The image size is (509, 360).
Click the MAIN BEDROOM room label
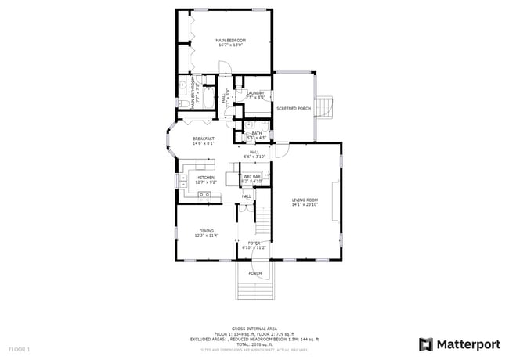pos(230,40)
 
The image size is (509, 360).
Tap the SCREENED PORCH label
pos(294,108)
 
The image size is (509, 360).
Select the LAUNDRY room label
pos(255,93)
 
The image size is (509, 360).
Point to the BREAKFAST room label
pos(204,139)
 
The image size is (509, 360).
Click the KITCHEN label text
pos(205,178)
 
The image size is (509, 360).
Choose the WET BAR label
pos(251,177)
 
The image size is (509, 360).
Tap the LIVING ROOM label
pos(305,200)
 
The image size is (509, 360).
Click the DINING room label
pos(206,231)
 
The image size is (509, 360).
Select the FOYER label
pos(254,243)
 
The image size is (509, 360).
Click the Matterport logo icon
pos(426,344)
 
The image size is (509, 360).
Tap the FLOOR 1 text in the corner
pos(20,348)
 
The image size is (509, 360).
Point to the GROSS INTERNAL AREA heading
pos(254,329)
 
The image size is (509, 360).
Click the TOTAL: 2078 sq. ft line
pos(254,344)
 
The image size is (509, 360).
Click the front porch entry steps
pos(255,288)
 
